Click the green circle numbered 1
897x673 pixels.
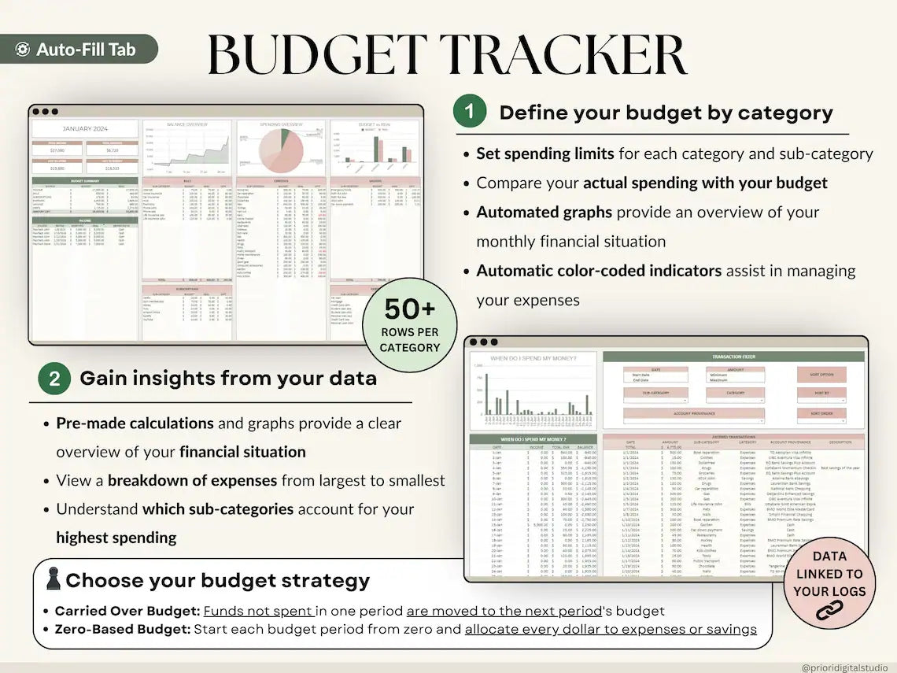point(470,112)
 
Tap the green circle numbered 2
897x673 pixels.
point(54,379)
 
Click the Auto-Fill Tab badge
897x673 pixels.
point(79,50)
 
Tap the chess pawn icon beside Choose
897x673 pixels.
point(54,579)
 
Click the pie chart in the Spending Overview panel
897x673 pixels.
point(281,153)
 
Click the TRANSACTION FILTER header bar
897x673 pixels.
point(733,357)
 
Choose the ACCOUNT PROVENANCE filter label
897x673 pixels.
point(693,412)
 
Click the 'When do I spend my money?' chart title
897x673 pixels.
point(533,359)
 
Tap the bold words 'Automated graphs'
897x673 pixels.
point(541,213)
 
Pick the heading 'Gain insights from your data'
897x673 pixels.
point(228,379)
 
